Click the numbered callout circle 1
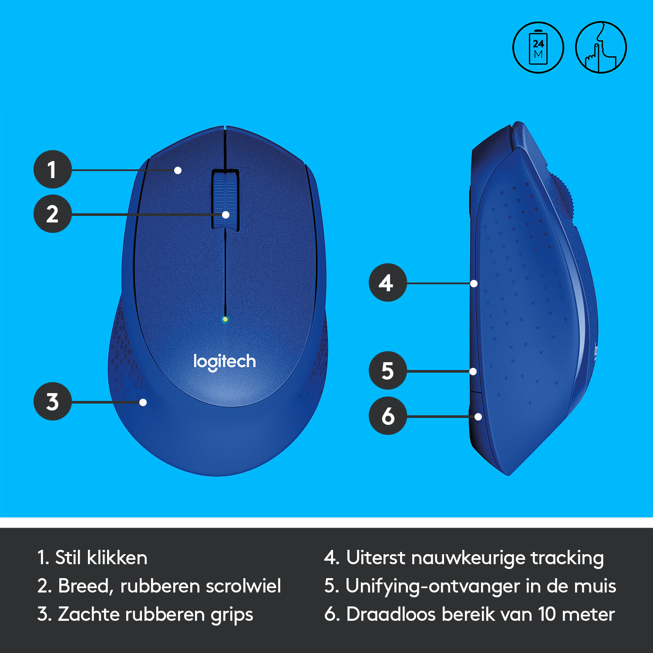click(53, 169)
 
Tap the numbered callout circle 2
click(53, 214)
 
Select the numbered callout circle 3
click(53, 401)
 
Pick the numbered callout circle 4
click(388, 283)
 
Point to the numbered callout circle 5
click(388, 370)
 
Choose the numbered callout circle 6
click(388, 416)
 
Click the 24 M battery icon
click(538, 47)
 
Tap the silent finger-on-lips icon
click(601, 47)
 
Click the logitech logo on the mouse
click(225, 362)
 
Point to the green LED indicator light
click(225, 320)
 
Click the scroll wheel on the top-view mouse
click(226, 200)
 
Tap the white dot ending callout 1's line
click(178, 170)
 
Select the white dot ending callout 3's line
click(143, 402)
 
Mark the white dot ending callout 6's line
click(478, 417)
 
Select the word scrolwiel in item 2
click(243, 586)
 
